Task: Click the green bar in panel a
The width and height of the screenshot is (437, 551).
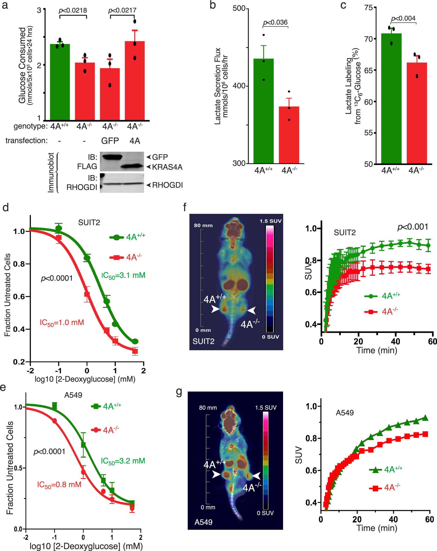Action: (x=60, y=82)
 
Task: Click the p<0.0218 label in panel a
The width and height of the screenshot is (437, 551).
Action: (x=73, y=10)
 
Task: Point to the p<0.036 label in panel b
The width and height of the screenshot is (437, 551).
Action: (x=275, y=23)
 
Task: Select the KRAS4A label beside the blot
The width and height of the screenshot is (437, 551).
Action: (x=167, y=167)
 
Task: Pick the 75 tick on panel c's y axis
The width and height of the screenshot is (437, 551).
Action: (x=369, y=8)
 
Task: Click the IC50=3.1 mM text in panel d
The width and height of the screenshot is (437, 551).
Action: (x=123, y=275)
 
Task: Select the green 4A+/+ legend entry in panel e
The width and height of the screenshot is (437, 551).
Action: (x=106, y=406)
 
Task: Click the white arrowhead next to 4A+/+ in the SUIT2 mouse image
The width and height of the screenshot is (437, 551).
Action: (x=215, y=309)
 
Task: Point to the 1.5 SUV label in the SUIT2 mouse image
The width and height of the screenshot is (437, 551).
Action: (x=270, y=221)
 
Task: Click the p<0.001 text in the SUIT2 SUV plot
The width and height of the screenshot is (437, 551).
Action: (x=412, y=227)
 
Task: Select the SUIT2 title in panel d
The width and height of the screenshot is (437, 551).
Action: (x=89, y=223)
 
